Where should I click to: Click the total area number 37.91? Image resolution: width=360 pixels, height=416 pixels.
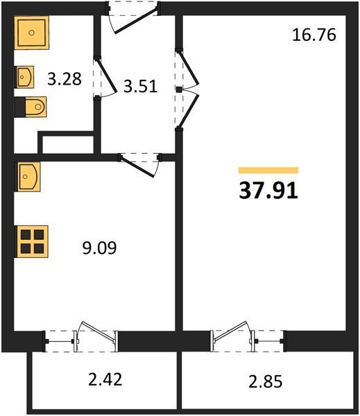tap(268, 191)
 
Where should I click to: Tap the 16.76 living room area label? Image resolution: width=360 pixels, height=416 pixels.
tap(314, 35)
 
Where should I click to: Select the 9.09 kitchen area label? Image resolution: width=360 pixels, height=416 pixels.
tap(99, 248)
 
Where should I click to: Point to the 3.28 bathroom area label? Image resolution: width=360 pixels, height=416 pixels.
tap(65, 79)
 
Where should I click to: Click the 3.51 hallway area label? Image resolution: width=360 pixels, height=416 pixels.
tap(140, 86)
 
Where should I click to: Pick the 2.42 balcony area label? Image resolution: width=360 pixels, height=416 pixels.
tap(105, 379)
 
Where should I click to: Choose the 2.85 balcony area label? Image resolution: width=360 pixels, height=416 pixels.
tap(266, 382)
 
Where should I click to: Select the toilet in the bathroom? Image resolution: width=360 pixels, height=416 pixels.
tap(31, 107)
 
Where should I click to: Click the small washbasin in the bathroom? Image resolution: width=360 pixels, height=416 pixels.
tap(25, 77)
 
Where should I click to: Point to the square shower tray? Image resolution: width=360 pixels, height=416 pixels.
tap(32, 33)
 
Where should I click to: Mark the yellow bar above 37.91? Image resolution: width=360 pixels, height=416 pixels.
tap(268, 170)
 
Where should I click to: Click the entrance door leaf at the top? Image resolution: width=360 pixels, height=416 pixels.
tap(135, 21)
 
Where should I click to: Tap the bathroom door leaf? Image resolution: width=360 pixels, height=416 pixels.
tap(106, 76)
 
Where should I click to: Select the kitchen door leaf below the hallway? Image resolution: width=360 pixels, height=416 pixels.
tap(137, 167)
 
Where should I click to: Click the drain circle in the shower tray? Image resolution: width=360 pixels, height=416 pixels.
tap(32, 33)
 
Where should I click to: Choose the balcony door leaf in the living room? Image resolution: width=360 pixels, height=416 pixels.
tap(230, 331)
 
